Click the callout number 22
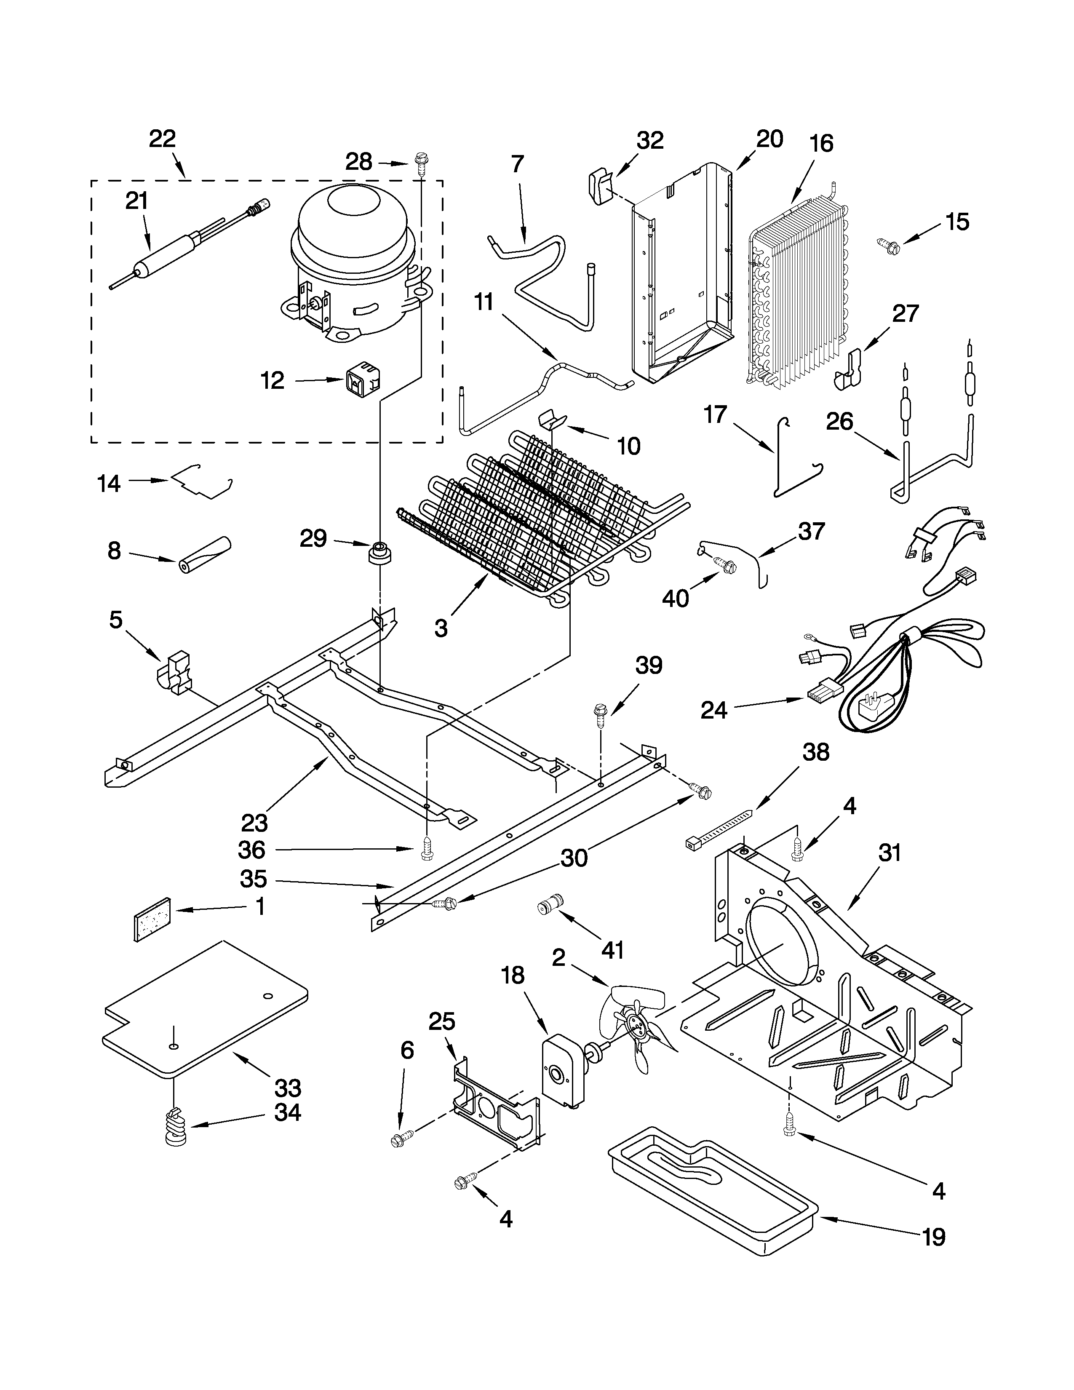162,139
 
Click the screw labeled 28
421,162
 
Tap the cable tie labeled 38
719,827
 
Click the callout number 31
890,853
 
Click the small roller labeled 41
549,904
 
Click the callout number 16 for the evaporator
821,144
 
